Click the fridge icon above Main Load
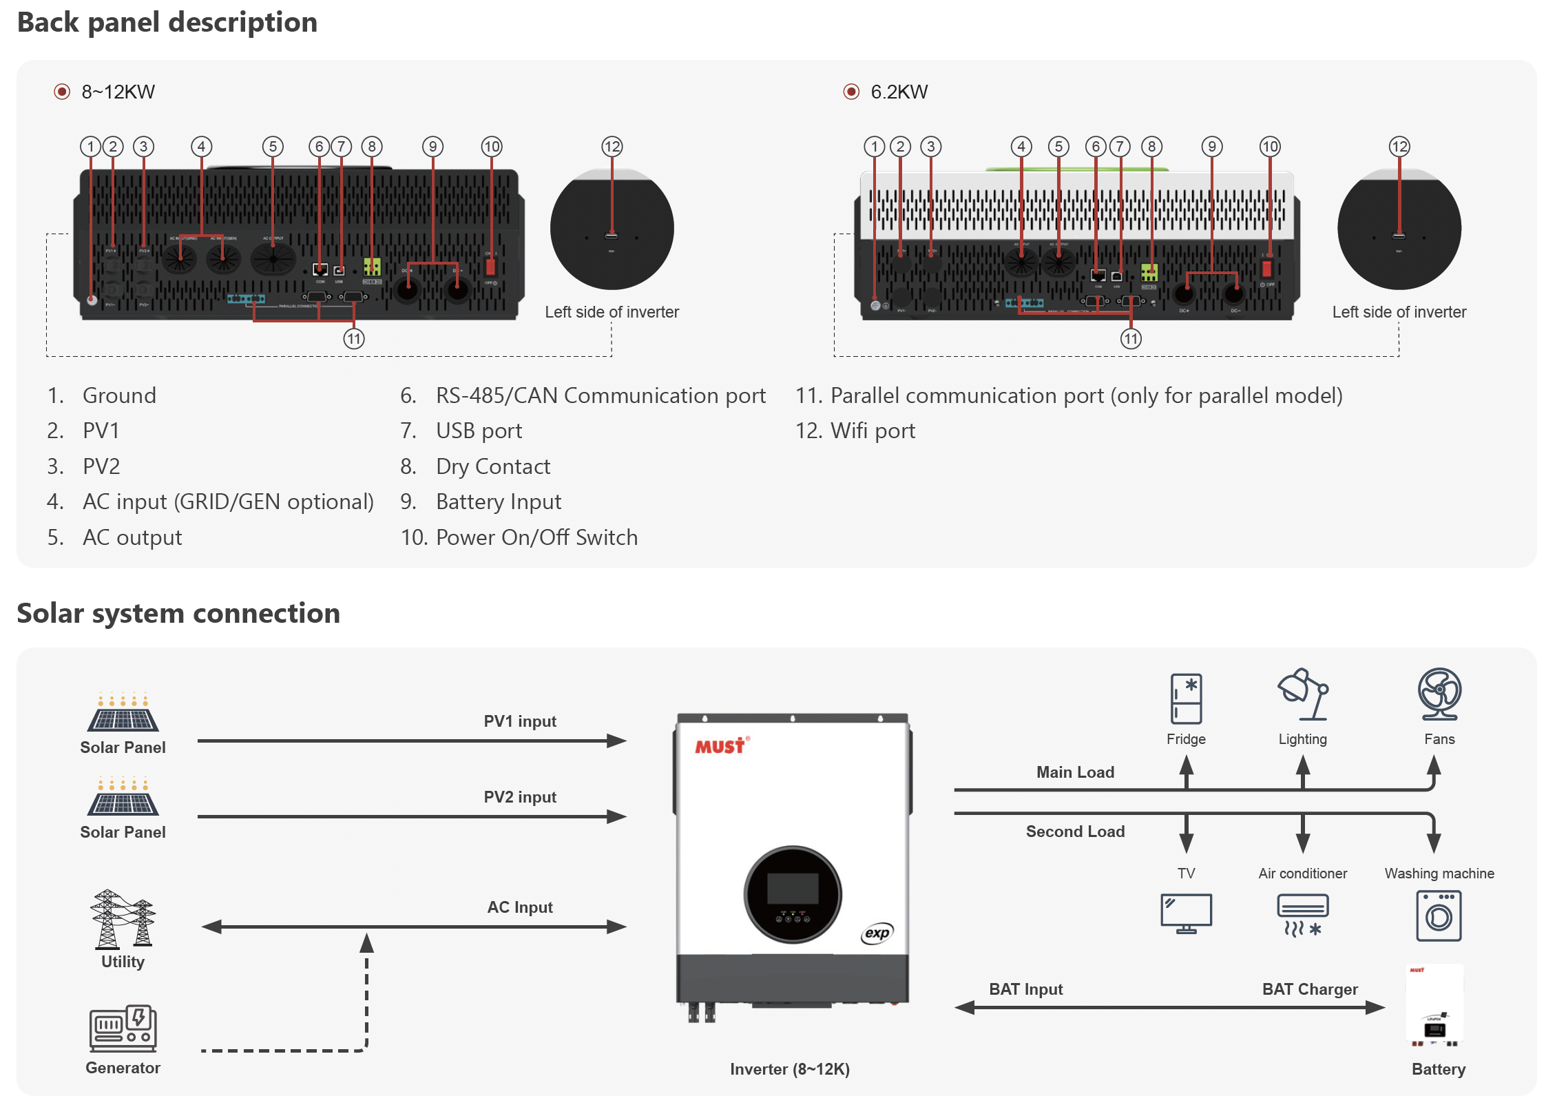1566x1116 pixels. click(x=1185, y=698)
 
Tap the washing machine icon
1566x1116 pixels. click(x=1438, y=916)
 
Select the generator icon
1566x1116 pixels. click(x=123, y=1028)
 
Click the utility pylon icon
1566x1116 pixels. click(x=123, y=919)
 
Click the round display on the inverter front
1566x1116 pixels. click(x=792, y=893)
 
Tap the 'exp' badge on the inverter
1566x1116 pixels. click(x=877, y=933)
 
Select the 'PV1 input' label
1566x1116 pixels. click(x=520, y=721)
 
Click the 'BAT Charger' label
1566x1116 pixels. click(x=1309, y=989)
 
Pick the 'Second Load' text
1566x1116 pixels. click(x=1075, y=831)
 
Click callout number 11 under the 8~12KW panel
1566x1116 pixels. click(x=354, y=339)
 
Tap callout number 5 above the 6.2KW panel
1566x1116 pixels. click(x=1058, y=147)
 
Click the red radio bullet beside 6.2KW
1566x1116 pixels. click(x=851, y=92)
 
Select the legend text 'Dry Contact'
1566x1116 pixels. click(x=493, y=466)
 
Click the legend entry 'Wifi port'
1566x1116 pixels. click(x=873, y=431)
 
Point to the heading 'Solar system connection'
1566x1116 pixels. click(x=178, y=612)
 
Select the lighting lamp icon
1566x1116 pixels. click(x=1302, y=694)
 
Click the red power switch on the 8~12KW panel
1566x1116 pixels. click(x=490, y=266)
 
